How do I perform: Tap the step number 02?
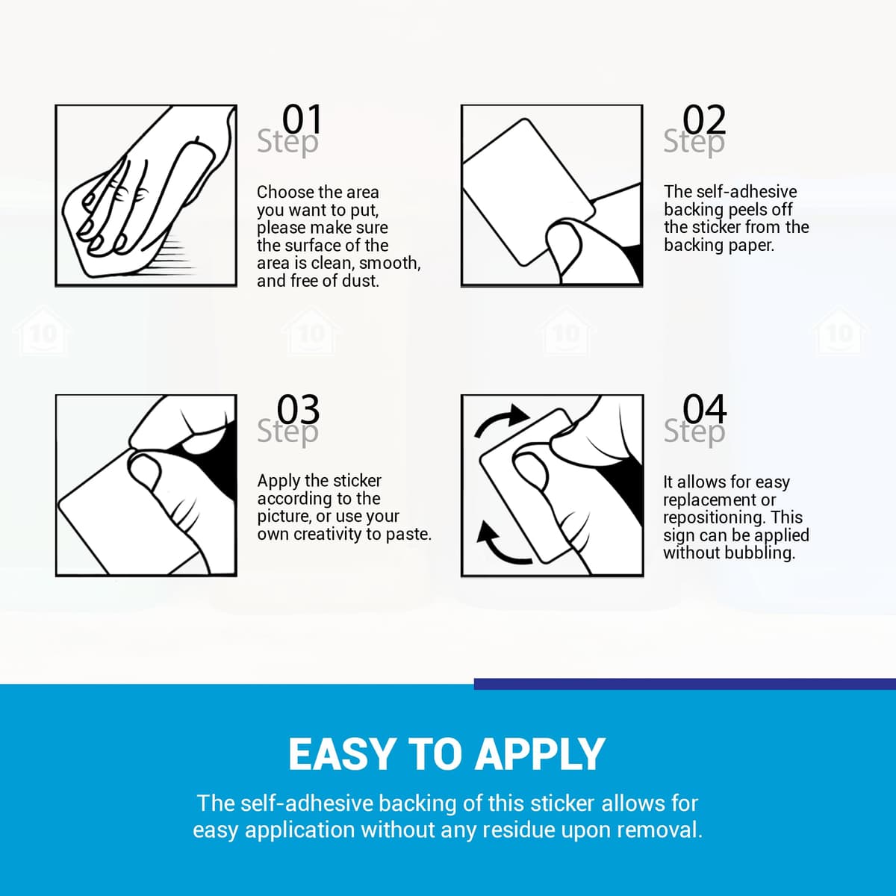pos(704,119)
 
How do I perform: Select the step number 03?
pos(298,409)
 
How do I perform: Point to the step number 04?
pos(704,409)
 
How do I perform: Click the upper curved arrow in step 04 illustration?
pos(500,417)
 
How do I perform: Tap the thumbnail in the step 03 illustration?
pos(144,469)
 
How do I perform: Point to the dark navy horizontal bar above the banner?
pos(685,683)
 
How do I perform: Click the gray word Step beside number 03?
pos(287,431)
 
